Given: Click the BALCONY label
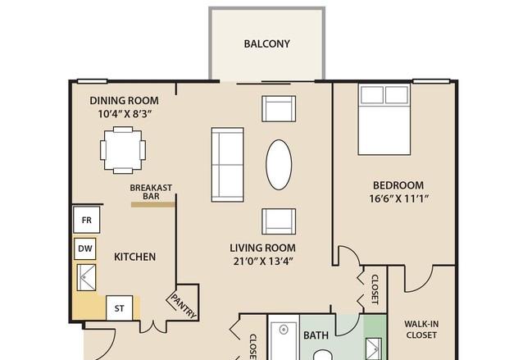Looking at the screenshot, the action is click(x=266, y=43).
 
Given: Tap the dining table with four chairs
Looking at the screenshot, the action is click(x=123, y=150).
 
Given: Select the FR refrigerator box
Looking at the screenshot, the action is click(x=87, y=220).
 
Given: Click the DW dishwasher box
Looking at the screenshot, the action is click(x=84, y=248).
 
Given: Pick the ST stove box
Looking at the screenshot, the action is click(x=119, y=308).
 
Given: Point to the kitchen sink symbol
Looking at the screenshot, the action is click(x=86, y=277).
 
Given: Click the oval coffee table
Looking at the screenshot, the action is click(x=279, y=165).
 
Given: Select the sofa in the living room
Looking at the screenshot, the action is click(x=227, y=165).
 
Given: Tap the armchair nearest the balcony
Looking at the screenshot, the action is click(x=279, y=108).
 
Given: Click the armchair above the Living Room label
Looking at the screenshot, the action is click(x=279, y=221).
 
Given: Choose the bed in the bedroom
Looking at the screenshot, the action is click(x=384, y=120).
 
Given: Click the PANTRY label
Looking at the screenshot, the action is click(x=184, y=307).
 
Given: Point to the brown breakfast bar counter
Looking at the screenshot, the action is click(x=153, y=204).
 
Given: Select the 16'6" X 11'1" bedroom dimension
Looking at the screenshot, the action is click(x=398, y=198).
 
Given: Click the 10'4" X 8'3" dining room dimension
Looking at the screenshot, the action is click(x=124, y=114).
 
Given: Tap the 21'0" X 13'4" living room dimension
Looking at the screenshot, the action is click(x=263, y=262).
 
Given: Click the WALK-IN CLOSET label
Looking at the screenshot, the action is click(x=421, y=330).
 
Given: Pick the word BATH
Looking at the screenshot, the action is click(x=316, y=335).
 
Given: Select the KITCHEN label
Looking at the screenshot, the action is click(x=135, y=257).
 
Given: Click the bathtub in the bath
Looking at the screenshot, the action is click(x=284, y=337).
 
